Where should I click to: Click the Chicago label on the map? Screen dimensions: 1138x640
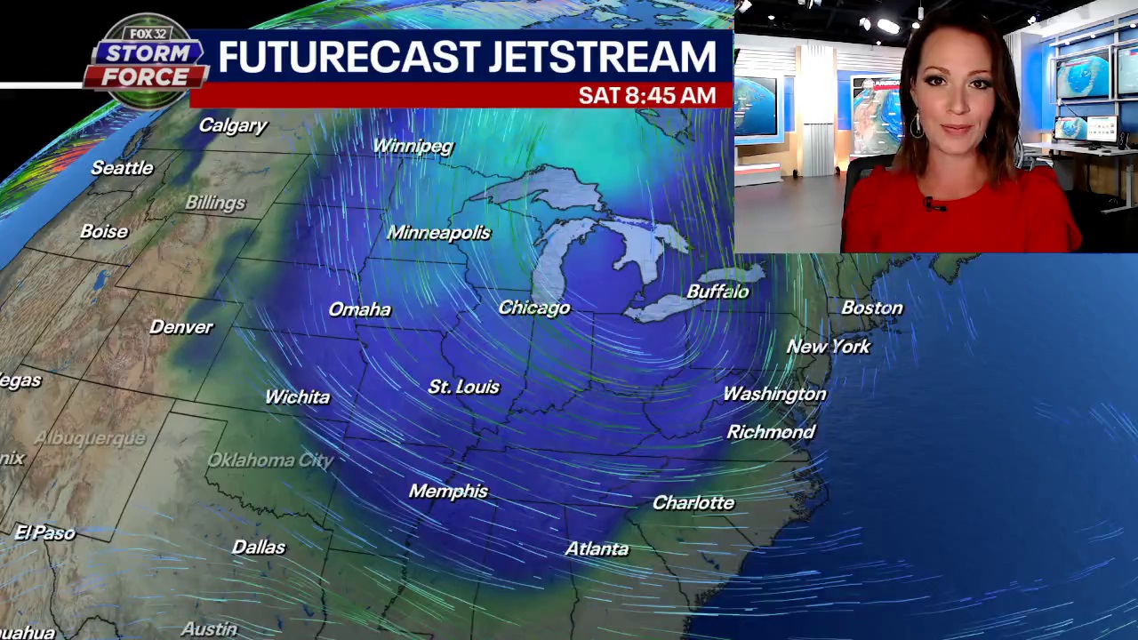coord(533,308)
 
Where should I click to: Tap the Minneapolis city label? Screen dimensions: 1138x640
coord(438,233)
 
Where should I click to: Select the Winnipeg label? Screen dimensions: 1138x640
coord(413,146)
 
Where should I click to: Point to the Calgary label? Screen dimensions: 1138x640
coord(232,125)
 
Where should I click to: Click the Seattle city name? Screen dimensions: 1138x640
coord(122,168)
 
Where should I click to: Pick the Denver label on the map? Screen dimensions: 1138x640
coord(181,327)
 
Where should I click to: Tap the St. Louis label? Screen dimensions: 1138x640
coord(463,387)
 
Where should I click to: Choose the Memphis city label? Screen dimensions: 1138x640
coord(448,491)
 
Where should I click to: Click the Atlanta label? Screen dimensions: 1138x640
coord(597,548)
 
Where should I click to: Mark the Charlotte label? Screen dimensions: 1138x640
coord(693,503)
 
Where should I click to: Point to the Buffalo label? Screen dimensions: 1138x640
coord(717,292)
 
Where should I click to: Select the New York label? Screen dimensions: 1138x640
coord(828,347)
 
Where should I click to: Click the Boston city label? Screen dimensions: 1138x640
coord(871,308)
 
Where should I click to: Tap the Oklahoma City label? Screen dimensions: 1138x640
coord(269,460)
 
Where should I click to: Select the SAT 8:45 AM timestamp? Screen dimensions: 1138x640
coord(646,95)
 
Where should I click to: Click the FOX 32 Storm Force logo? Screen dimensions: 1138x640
coord(146,61)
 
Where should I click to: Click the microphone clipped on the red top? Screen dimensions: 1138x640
coord(931,205)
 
